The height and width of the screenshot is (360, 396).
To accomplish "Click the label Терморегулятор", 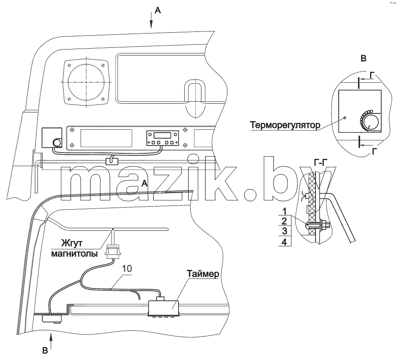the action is click(x=285, y=125).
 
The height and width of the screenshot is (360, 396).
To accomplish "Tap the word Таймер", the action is click(x=203, y=274).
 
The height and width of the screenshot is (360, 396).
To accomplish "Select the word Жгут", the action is click(x=72, y=243).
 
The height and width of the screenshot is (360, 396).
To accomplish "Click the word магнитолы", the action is click(x=74, y=253).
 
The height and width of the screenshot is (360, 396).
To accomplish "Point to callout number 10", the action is click(x=127, y=269).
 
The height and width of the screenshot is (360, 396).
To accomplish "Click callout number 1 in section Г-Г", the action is click(x=285, y=211).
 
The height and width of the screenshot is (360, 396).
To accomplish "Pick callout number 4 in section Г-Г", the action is click(x=284, y=242).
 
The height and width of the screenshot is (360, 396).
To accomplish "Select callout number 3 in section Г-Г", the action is click(x=285, y=231).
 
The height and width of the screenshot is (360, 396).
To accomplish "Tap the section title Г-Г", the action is click(x=321, y=163).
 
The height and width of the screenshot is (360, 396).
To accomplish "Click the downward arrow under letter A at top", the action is click(x=151, y=21).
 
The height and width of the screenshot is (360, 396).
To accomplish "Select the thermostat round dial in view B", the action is click(x=369, y=122).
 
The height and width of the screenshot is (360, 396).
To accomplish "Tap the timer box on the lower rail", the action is click(x=164, y=308).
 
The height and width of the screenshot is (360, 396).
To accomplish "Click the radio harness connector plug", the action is click(x=113, y=251).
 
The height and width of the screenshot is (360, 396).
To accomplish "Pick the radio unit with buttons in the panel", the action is click(x=163, y=138).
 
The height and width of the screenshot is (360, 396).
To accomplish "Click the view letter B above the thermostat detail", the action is click(x=363, y=59).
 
